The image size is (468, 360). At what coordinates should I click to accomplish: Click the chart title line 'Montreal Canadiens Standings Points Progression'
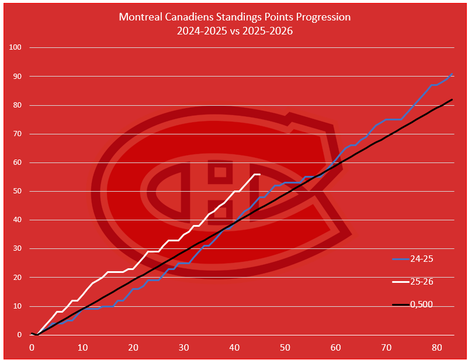pos(234,17)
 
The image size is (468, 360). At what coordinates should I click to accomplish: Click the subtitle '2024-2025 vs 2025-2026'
pos(234,31)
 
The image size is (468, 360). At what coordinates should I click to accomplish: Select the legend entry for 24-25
pos(421,258)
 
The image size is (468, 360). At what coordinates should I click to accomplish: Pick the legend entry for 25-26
pos(421,281)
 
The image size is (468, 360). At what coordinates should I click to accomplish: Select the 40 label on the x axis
pos(234,347)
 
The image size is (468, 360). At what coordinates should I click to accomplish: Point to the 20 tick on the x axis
pos(133,347)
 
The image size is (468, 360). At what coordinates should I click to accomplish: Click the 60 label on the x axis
pos(335,347)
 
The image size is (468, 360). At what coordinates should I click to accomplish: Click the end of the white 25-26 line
pos(259,175)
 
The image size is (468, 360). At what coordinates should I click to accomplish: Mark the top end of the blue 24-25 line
pos(452,74)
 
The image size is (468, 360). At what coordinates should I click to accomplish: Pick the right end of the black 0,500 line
pos(452,99)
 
